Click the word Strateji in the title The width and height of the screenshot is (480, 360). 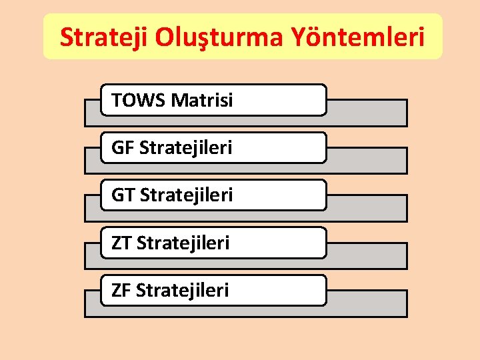104,38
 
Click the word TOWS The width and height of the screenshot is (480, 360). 139,101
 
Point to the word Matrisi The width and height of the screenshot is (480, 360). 202,101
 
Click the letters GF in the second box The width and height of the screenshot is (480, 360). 123,148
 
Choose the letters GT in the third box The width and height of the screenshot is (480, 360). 123,195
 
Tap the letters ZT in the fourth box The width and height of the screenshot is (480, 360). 121,243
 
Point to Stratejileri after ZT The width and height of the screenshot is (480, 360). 183,243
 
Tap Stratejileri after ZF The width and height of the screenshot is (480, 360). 183,290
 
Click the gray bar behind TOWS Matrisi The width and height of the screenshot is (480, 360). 367,113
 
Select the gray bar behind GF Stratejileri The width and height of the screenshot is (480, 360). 367,160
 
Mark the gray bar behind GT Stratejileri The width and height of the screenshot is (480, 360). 367,207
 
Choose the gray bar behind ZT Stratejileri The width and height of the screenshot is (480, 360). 367,255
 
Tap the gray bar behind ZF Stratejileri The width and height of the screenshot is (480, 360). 367,303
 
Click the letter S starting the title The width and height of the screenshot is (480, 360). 66,38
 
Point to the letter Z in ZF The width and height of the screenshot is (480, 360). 117,290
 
